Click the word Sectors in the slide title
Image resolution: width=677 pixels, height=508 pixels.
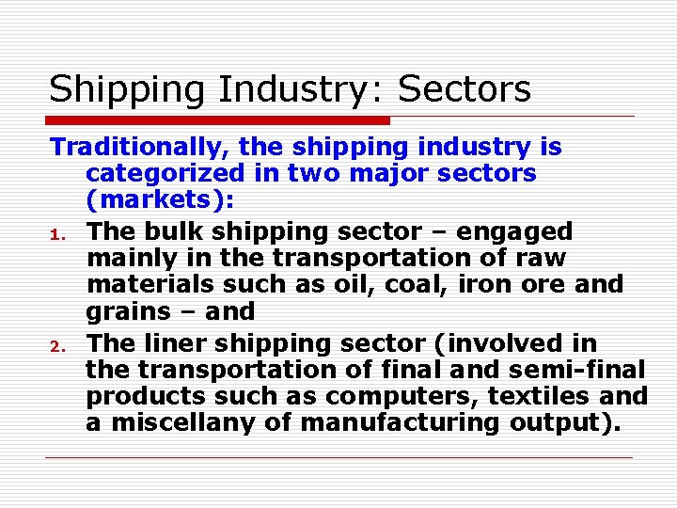pos(464,90)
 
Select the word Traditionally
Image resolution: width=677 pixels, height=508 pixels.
pos(140,148)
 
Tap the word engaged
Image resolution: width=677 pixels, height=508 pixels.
pos(519,231)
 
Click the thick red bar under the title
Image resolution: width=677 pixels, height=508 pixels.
pos(219,120)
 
